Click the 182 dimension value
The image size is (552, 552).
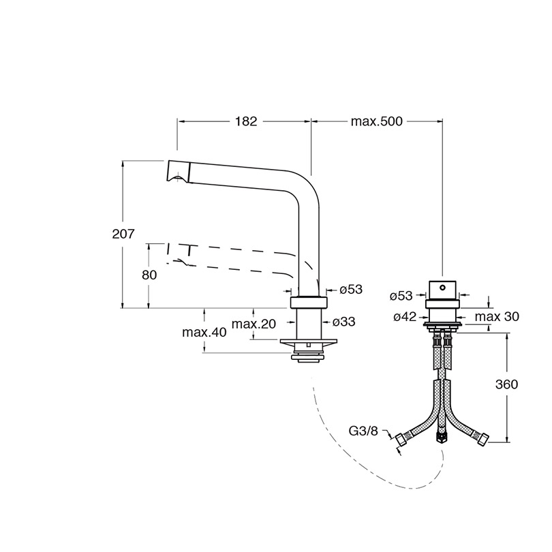246,121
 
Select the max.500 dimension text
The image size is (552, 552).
376,121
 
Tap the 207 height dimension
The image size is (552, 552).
123,234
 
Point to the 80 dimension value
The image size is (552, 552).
149,275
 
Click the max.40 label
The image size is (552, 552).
204,333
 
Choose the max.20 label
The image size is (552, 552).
254,324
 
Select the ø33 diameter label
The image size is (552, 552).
343,322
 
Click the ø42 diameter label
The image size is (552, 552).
405,317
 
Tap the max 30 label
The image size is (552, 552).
497,316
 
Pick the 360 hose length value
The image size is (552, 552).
506,384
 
